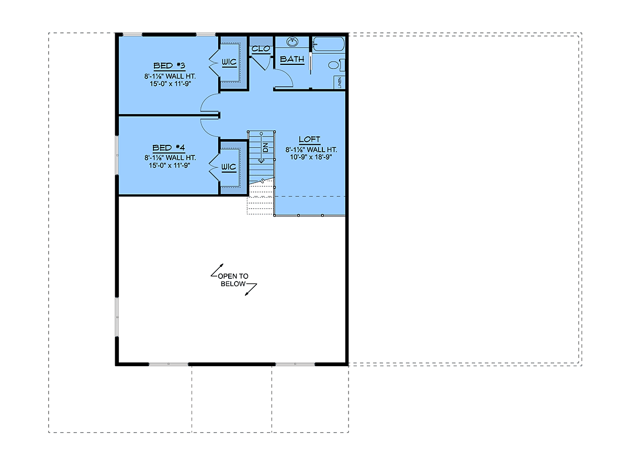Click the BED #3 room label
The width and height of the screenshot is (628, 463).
coord(169,66)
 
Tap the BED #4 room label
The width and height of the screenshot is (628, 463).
coord(169,148)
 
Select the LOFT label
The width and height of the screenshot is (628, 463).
coord(309,139)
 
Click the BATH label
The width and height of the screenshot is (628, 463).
coord(292,59)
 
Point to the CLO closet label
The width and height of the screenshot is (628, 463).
coord(261,49)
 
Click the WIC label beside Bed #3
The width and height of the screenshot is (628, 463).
coord(229,62)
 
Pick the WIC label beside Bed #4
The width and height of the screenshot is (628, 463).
coord(229,167)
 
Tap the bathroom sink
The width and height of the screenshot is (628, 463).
coord(292,42)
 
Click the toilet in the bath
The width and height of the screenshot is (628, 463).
coord(336,65)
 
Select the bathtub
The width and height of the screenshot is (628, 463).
coord(328,44)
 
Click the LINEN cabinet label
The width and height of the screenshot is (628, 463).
coord(340,83)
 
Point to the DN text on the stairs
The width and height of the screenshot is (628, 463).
coord(265,147)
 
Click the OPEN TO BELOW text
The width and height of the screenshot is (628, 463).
coord(233,280)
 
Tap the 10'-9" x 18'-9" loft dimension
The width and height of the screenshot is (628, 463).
coord(311,157)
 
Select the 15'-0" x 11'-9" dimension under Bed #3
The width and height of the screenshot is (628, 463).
coord(170,84)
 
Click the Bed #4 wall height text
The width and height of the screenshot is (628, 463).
coord(170,158)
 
